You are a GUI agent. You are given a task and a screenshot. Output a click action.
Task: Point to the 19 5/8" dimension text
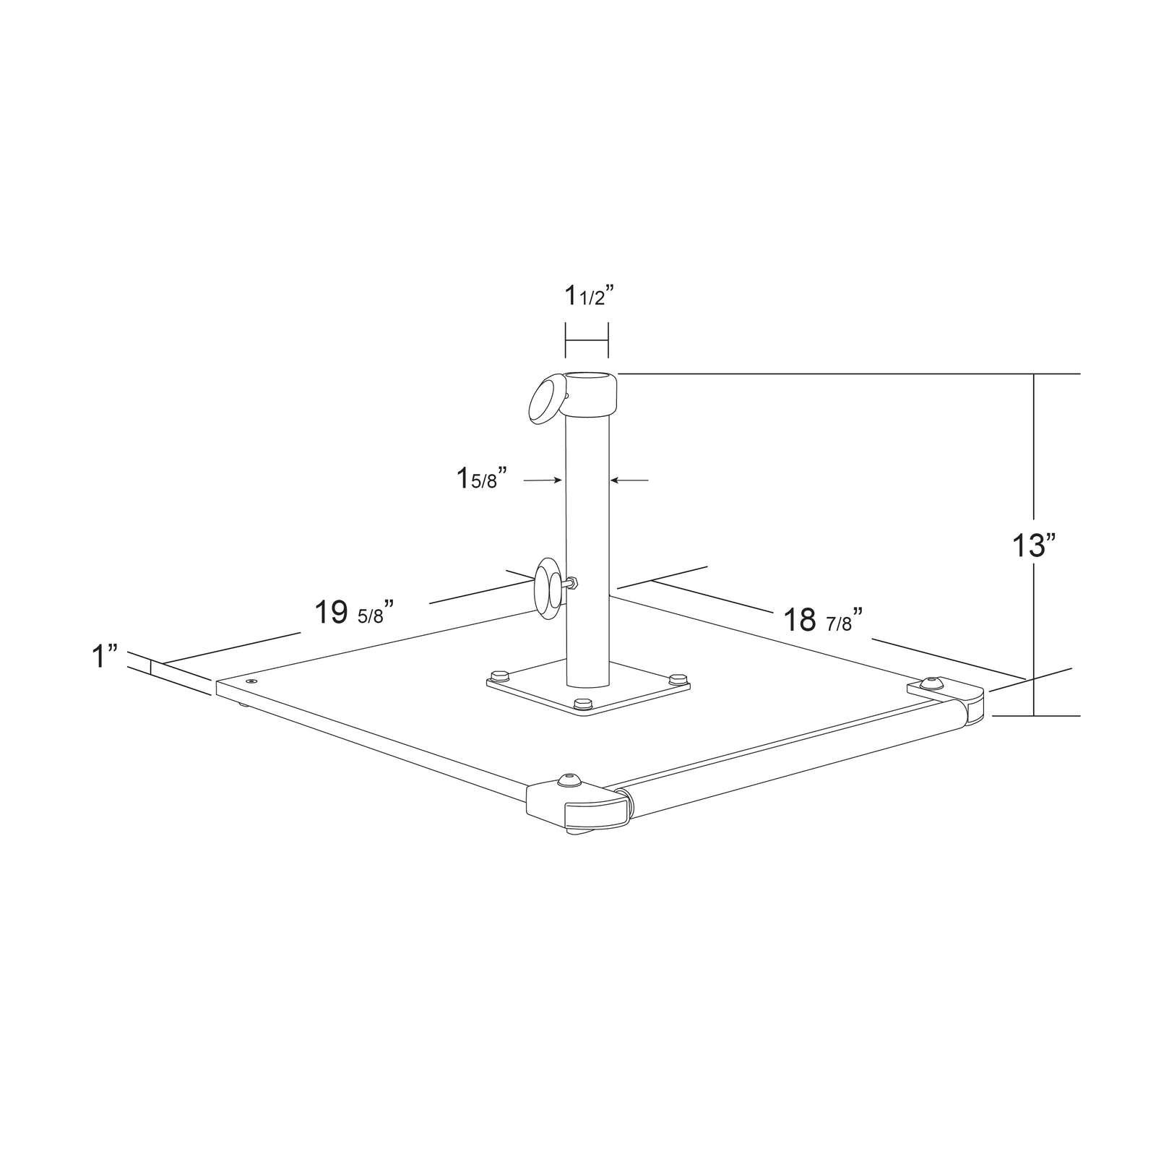[354, 613]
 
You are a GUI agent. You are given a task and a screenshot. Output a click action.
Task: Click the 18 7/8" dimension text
[824, 620]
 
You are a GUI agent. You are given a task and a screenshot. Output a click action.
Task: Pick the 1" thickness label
[104, 657]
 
